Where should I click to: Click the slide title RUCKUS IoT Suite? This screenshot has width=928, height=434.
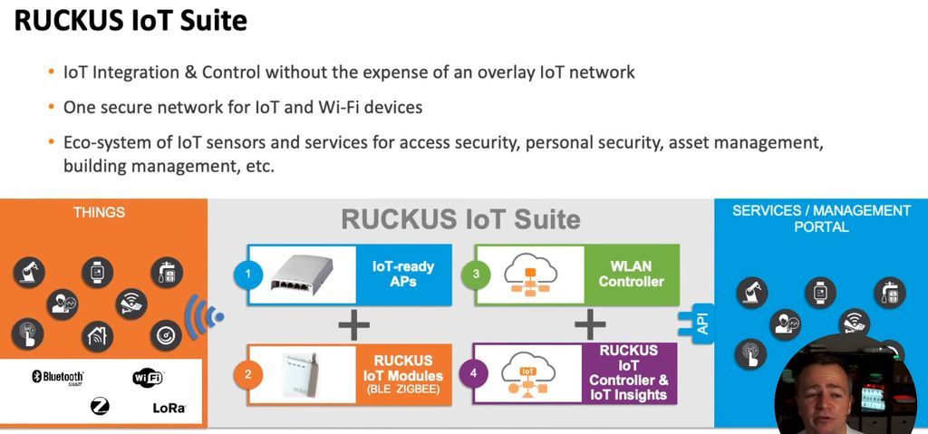130,21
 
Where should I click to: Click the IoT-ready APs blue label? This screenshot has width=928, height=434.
403,274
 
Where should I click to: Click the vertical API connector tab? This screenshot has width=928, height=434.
701,322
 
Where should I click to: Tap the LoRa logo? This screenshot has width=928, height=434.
169,409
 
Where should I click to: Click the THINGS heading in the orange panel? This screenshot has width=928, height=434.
100,213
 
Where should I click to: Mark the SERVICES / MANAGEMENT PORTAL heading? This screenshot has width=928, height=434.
821,218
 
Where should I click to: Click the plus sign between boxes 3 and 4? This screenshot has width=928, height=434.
589,323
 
